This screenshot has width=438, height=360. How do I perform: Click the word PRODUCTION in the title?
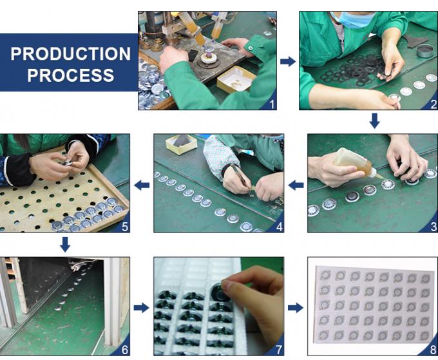pyautogui.click(x=71, y=53)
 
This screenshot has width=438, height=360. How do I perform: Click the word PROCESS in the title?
pyautogui.click(x=71, y=75)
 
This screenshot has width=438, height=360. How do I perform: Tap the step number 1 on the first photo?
pyautogui.click(x=272, y=104)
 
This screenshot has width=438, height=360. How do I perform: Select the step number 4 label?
pyautogui.click(x=279, y=227)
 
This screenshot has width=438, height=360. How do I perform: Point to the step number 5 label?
pyautogui.click(x=125, y=227)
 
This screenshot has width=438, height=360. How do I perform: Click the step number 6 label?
pyautogui.click(x=125, y=350)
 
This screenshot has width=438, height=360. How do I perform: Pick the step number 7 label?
pyautogui.click(x=279, y=350)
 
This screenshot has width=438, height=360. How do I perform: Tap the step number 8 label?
pyautogui.click(x=433, y=350)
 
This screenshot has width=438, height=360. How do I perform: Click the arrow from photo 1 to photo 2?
pyautogui.click(x=288, y=61)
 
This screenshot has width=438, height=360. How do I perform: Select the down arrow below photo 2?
pyautogui.click(x=375, y=120)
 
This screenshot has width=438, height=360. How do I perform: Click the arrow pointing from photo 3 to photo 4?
pyautogui.click(x=296, y=185)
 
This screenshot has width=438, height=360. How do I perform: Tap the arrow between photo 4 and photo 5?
pyautogui.click(x=142, y=185)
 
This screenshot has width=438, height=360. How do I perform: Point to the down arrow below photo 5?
pyautogui.click(x=65, y=244)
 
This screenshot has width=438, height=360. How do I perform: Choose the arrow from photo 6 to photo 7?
pyautogui.click(x=141, y=308)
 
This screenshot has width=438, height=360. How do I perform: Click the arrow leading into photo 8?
pyautogui.click(x=296, y=308)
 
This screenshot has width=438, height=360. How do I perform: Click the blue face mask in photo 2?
pyautogui.click(x=354, y=19)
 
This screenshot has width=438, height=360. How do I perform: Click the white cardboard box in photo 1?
pyautogui.click(x=236, y=79)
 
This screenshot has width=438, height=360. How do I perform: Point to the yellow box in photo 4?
pyautogui.click(x=181, y=144)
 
